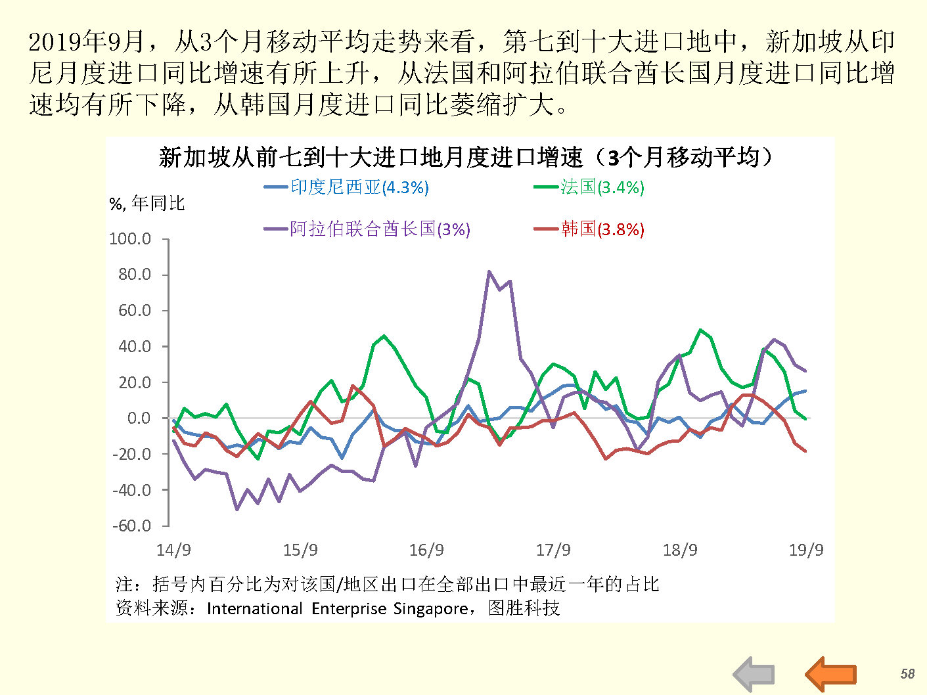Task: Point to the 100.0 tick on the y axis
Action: (130, 238)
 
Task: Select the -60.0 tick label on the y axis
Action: (131, 526)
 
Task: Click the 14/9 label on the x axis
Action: (173, 550)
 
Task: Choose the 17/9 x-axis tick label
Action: (553, 550)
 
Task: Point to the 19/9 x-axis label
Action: (805, 550)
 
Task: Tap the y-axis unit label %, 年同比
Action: (147, 204)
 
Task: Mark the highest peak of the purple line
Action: (489, 271)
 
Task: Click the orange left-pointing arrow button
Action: (830, 674)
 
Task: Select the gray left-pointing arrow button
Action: (754, 674)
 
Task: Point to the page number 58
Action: (907, 673)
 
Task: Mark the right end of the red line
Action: (805, 451)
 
